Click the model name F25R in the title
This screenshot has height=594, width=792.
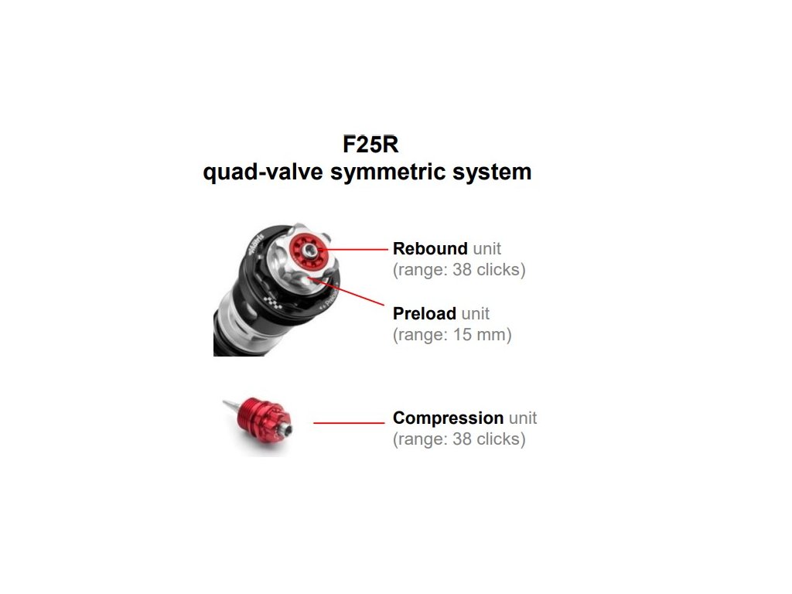(370, 145)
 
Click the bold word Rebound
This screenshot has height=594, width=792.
(430, 248)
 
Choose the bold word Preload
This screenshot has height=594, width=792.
(425, 313)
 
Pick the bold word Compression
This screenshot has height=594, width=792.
(448, 418)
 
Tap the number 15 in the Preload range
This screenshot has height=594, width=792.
(463, 334)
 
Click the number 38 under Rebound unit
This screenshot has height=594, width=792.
(463, 270)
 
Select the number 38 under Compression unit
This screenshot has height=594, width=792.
(463, 439)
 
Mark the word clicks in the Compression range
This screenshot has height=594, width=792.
(498, 439)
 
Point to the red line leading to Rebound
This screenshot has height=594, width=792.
(353, 249)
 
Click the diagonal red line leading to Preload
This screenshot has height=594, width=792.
(349, 292)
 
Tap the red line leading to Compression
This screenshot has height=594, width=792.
(349, 423)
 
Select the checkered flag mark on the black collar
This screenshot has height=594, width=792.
(272, 302)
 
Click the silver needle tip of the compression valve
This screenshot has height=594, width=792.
(229, 404)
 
